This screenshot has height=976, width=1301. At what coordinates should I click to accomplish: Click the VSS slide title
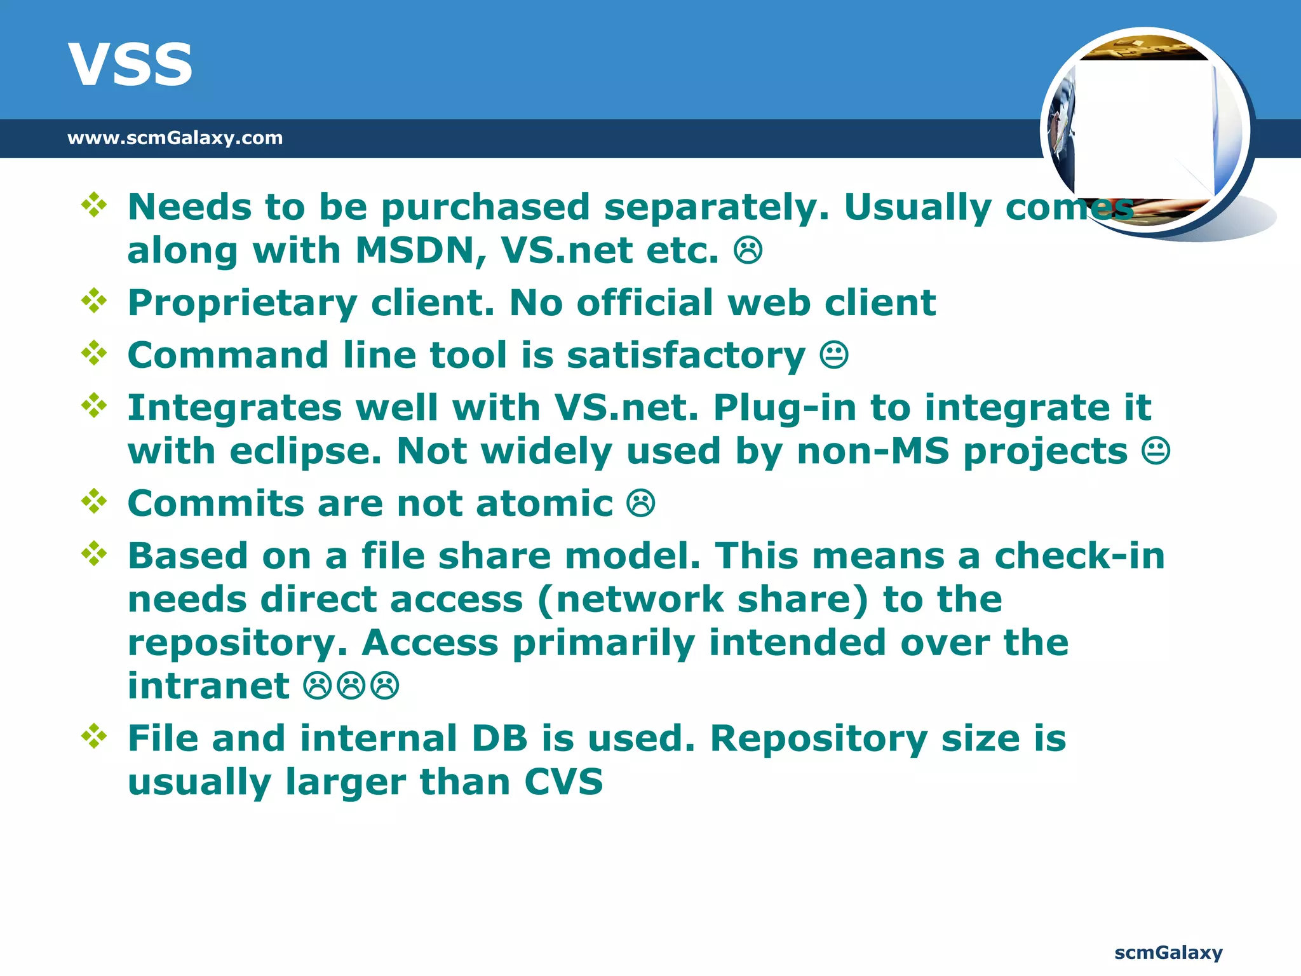(x=130, y=65)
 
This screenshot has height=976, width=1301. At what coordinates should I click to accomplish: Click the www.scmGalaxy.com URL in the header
(x=175, y=138)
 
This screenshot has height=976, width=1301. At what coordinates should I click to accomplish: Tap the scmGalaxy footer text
(x=1168, y=952)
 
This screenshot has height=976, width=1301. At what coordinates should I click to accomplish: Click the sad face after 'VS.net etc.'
(x=748, y=250)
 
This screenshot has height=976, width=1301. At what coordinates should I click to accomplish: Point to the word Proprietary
(x=243, y=303)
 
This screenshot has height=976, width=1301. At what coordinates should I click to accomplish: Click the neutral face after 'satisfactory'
(x=833, y=355)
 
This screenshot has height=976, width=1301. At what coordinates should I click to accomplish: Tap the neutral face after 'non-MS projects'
(x=1156, y=452)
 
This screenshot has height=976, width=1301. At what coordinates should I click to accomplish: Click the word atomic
(x=544, y=504)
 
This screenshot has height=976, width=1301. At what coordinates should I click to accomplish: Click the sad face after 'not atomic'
(x=640, y=504)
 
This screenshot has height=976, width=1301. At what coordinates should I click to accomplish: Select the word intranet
(x=208, y=686)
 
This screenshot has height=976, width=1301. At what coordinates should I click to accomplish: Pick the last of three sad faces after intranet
(x=385, y=686)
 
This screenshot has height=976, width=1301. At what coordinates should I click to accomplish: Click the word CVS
(x=563, y=782)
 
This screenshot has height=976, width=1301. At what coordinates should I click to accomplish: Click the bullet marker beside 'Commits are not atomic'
(x=94, y=501)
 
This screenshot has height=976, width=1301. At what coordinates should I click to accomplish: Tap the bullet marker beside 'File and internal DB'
(x=94, y=736)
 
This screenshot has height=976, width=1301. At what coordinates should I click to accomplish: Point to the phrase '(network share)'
(x=703, y=600)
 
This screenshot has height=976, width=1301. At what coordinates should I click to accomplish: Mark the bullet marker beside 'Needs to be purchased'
(x=94, y=205)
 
